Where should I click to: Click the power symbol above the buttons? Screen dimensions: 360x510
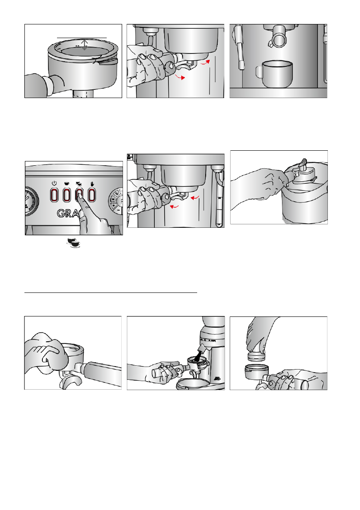[x=54, y=183]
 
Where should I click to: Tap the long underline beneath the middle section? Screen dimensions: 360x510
[x=111, y=293]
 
